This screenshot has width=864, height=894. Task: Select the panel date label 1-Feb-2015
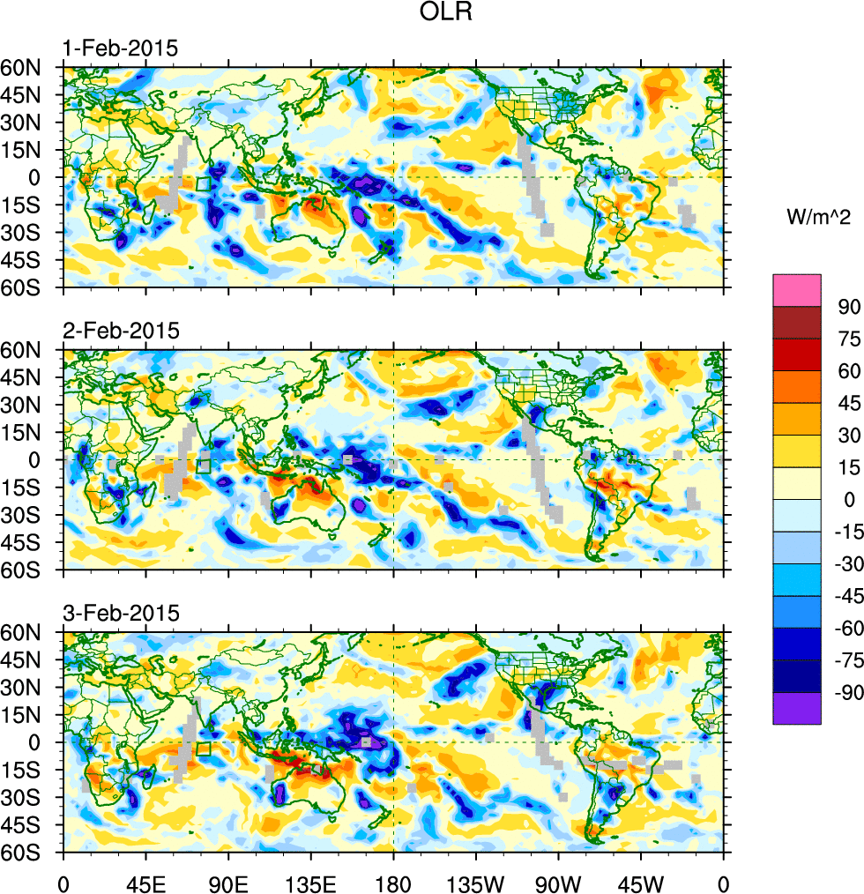(x=120, y=48)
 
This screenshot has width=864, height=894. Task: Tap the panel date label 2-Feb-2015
(x=120, y=331)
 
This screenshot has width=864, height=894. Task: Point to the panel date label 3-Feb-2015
(x=120, y=613)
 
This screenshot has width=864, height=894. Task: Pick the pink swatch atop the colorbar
(x=797, y=289)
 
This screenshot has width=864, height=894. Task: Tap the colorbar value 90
(x=838, y=307)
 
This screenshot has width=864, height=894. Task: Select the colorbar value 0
(x=843, y=501)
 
